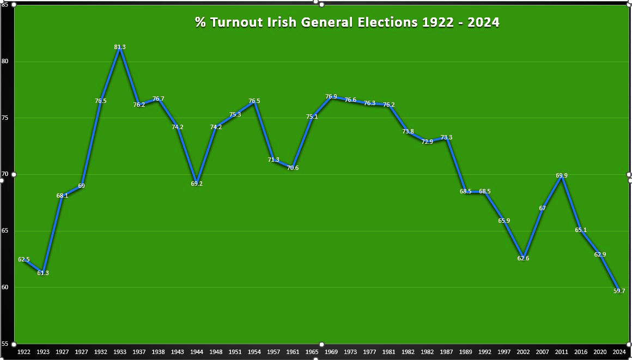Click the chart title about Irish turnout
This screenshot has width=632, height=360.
coord(347,22)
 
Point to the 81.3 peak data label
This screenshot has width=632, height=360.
coord(120,47)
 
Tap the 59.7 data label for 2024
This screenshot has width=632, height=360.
coord(619,291)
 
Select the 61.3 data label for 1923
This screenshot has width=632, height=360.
coord(43,273)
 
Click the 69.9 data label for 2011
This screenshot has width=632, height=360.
coord(562,175)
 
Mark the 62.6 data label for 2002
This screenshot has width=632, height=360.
coord(523,258)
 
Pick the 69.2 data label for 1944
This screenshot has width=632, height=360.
coord(197,184)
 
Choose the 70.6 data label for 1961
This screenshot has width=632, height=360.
coord(293,168)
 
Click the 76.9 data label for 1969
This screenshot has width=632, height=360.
coord(331,97)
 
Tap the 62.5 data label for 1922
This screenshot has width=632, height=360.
coord(24,259)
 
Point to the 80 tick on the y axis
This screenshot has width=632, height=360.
coord(5,62)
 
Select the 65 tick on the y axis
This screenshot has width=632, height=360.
coord(5,231)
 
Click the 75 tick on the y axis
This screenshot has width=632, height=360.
coord(5,118)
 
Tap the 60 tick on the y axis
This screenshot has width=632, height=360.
coord(5,287)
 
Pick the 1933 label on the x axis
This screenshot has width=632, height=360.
coord(120,352)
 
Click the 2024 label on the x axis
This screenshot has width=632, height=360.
coord(619,352)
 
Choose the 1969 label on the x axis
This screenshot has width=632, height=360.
coord(331,352)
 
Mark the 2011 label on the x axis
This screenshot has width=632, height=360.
coord(561,352)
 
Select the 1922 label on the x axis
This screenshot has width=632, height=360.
coord(24,352)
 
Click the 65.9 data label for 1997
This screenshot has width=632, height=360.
coord(504,221)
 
